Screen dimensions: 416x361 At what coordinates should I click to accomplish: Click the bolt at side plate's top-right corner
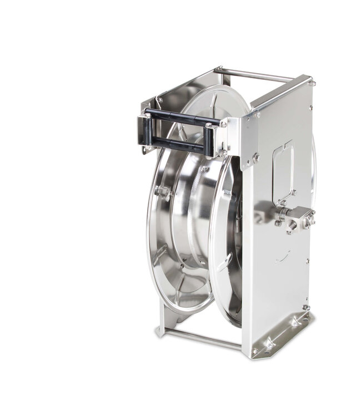point(313,83)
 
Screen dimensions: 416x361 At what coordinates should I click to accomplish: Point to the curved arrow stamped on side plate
point(284,256)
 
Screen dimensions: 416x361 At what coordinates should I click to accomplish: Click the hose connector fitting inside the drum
point(162,192)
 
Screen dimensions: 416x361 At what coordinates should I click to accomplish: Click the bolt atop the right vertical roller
point(209,126)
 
